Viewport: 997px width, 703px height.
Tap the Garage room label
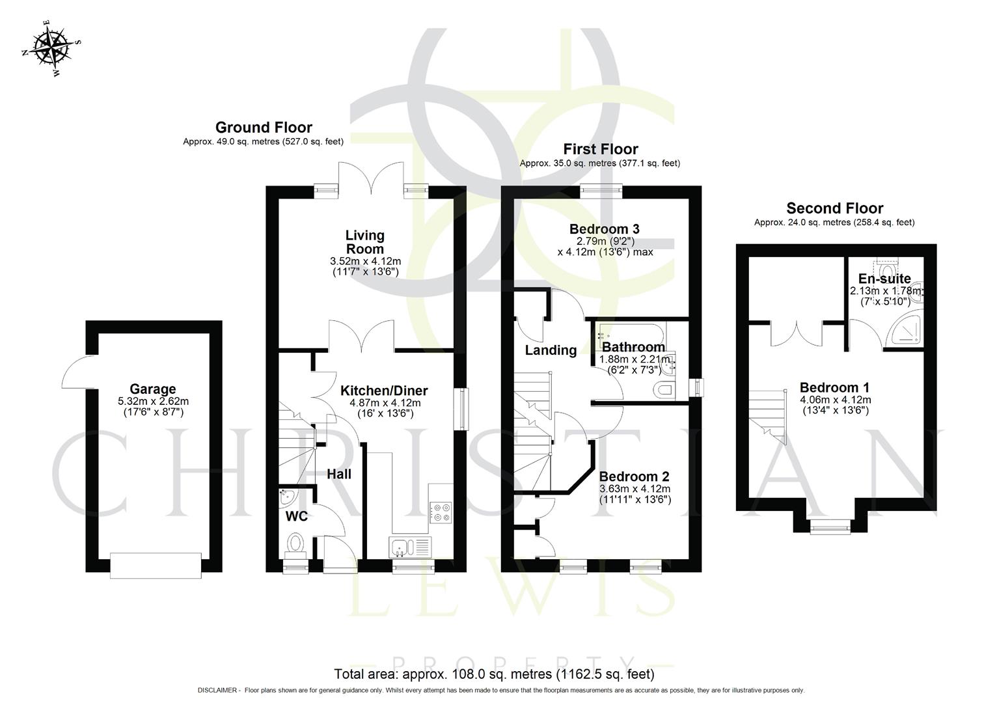153,390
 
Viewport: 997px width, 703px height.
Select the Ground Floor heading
264,128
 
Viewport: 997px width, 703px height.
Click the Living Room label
364,241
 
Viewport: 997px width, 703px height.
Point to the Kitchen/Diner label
384,391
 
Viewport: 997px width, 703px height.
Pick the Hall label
339,474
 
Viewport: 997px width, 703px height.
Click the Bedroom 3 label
604,228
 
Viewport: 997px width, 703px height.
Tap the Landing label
551,350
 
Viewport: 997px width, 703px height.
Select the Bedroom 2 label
634,476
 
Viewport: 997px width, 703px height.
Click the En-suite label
884,279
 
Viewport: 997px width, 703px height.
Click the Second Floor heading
834,208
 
